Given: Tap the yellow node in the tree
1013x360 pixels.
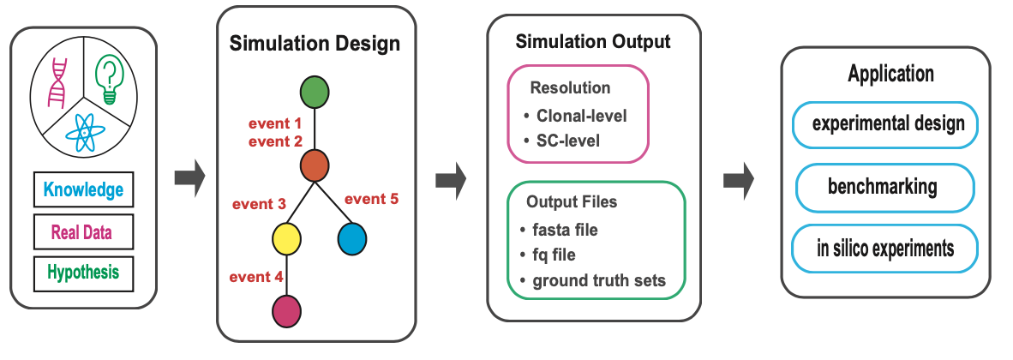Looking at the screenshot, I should pos(285,237).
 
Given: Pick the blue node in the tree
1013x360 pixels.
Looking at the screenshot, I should pos(351,237).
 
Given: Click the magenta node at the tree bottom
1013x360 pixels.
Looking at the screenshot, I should pos(285,309).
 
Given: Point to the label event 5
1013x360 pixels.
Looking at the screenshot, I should pos(372,200).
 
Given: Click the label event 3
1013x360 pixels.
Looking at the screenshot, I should pos(258,204).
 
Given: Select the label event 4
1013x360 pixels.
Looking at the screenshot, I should pos(255,276).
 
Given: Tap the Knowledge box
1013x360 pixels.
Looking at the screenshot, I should pos(83,190).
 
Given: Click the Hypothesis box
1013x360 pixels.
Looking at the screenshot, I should pos(83,273).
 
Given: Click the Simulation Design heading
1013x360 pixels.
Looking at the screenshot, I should pos(315,43).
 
